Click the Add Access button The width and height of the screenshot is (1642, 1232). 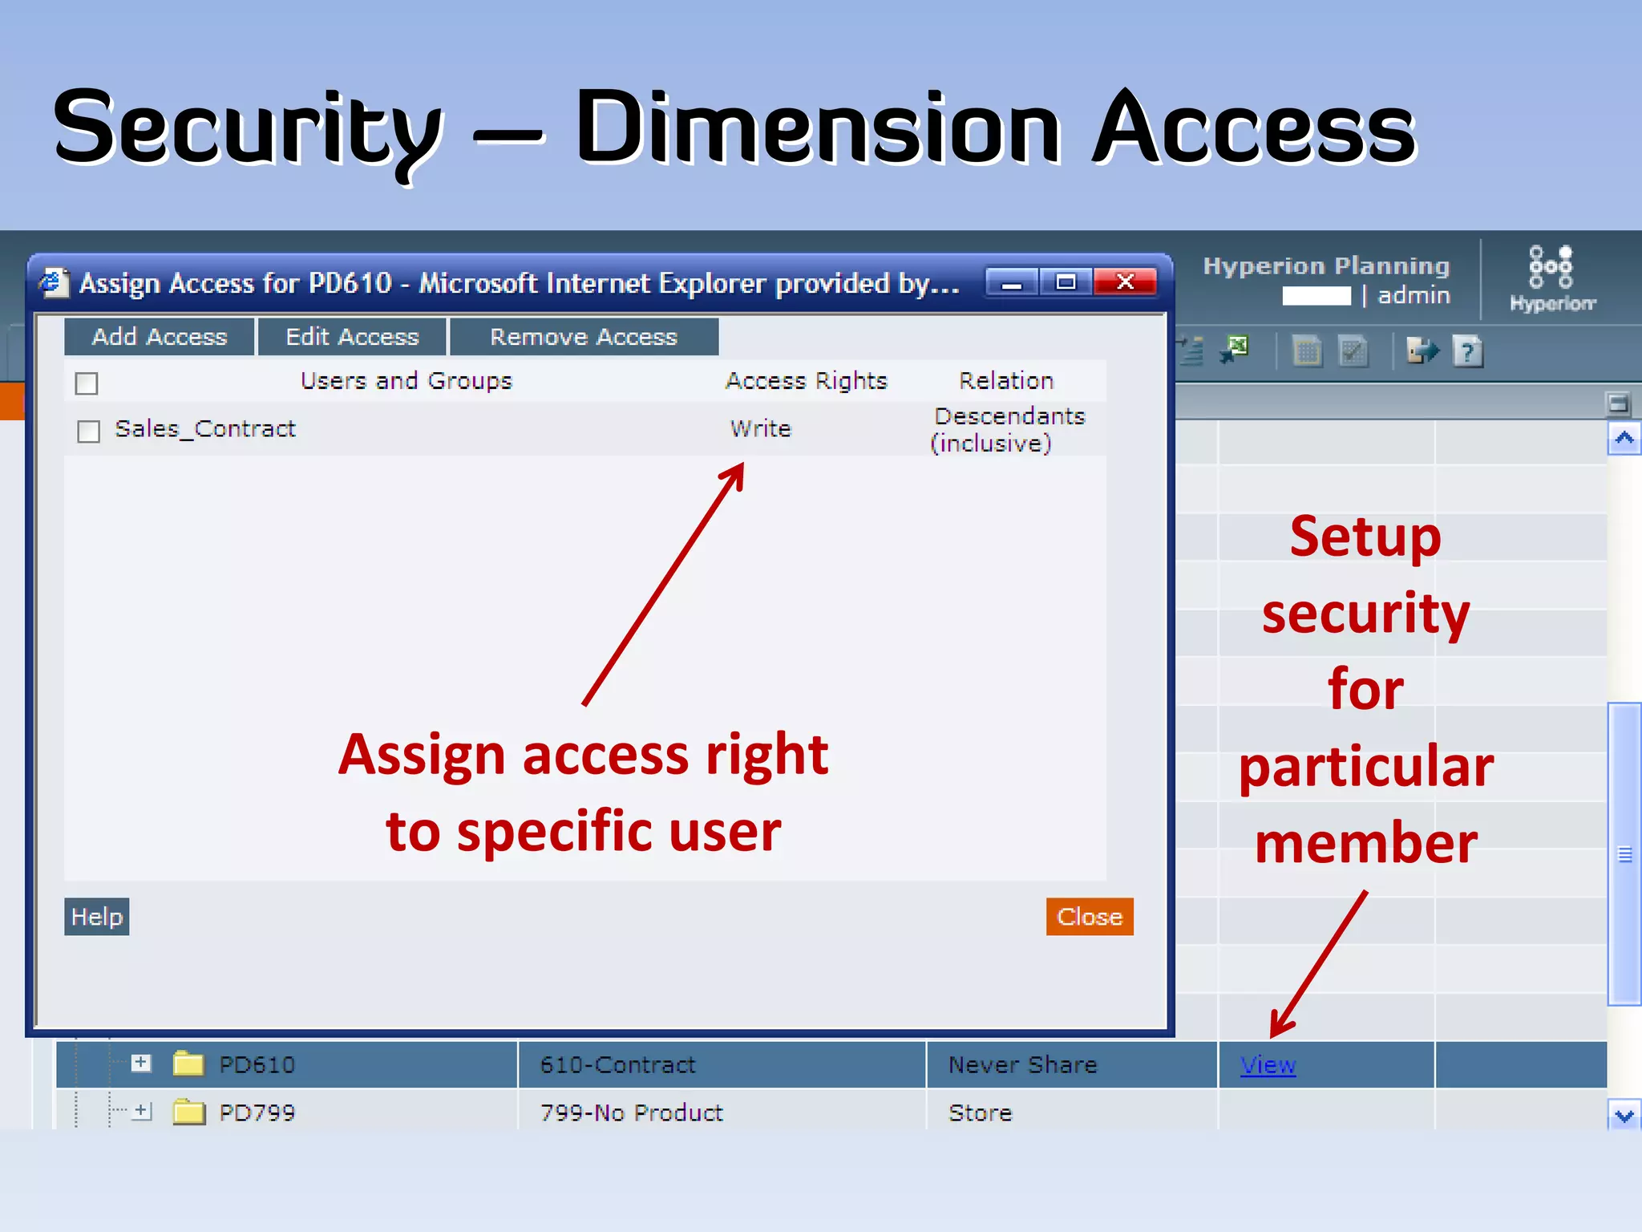(x=160, y=337)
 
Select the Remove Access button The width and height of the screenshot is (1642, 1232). (x=584, y=337)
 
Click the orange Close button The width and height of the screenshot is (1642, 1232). (x=1089, y=916)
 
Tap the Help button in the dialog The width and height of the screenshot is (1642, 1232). (x=96, y=916)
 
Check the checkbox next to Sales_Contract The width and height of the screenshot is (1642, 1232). (x=88, y=432)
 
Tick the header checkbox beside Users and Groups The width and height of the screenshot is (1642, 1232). (x=87, y=383)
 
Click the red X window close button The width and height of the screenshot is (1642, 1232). (x=1125, y=282)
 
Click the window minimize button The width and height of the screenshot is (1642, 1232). (x=1012, y=282)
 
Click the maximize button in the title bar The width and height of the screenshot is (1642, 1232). (x=1066, y=282)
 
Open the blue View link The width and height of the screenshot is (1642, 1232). (x=1268, y=1064)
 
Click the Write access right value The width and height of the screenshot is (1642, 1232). (x=760, y=429)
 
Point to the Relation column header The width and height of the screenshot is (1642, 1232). (x=1006, y=381)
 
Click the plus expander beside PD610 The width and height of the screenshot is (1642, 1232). (x=141, y=1063)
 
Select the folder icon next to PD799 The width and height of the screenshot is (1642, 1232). (x=189, y=1112)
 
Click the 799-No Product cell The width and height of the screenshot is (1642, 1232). (x=631, y=1112)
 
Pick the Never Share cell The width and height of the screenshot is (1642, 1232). (x=1022, y=1064)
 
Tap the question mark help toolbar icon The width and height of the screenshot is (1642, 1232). (x=1468, y=351)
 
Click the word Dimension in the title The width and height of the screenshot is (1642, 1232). (x=818, y=128)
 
